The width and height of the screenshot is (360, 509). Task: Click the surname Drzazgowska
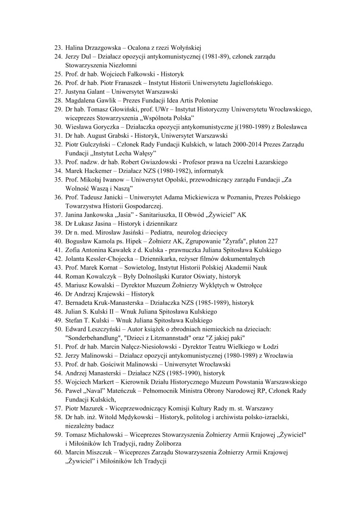tap(103, 48)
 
